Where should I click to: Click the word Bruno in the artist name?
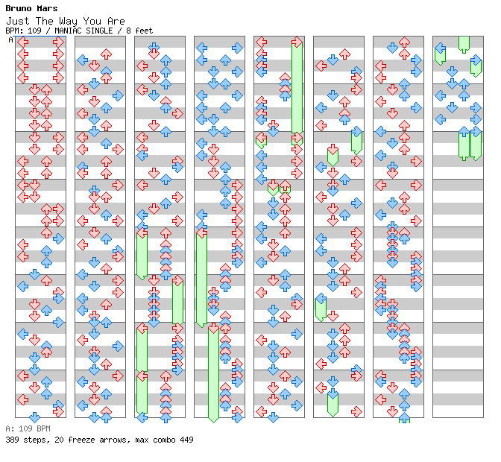tap(18, 9)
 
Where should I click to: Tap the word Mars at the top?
tap(46, 9)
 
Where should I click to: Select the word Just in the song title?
tap(16, 21)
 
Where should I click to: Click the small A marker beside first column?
tap(10, 40)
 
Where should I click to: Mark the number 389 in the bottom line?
tap(12, 440)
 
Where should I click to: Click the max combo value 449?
tap(186, 440)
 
